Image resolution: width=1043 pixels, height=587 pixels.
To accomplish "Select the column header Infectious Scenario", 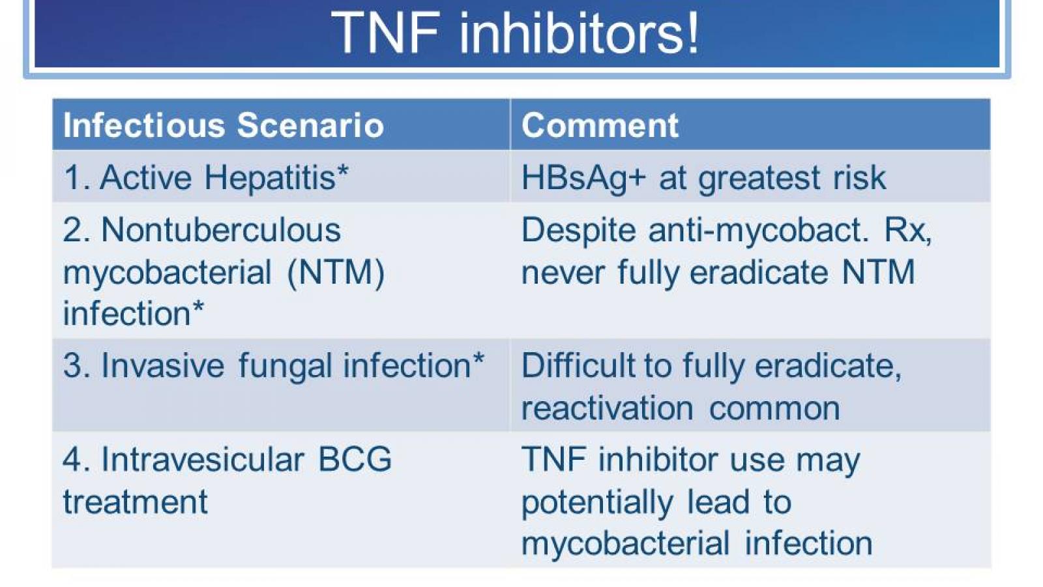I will point(223,125).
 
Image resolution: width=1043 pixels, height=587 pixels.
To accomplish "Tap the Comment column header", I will point(600,125).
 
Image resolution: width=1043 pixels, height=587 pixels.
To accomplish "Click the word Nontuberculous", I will point(221,230).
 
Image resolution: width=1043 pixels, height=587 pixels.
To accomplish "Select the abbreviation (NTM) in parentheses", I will point(335,272).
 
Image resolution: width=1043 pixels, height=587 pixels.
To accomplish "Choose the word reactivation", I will point(607,408).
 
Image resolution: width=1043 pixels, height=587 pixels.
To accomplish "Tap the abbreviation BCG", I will point(355,459).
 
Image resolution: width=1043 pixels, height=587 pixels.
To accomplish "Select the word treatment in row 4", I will point(135,502).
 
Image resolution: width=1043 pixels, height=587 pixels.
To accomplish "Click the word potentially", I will point(596,502).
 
